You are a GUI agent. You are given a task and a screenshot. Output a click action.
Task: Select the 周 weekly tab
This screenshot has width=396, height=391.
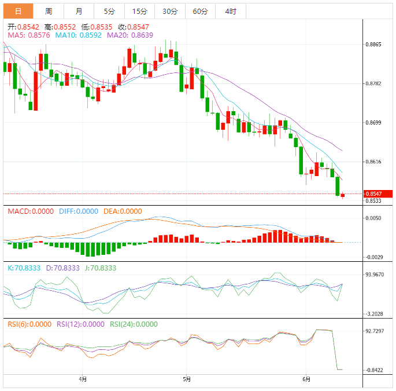[49, 11]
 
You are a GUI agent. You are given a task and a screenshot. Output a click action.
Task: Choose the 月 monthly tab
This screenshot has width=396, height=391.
[79, 11]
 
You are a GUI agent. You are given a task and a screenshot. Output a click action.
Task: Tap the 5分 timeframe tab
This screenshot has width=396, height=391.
[109, 11]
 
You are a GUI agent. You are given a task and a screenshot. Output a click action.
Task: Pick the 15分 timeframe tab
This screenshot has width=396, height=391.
[139, 11]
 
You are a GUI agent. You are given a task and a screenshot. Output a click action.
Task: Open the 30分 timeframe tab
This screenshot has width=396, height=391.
[170, 11]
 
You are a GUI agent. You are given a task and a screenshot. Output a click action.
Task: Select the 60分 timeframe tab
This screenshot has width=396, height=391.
[200, 11]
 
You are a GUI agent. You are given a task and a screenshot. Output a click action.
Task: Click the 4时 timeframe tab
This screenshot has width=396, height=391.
[230, 11]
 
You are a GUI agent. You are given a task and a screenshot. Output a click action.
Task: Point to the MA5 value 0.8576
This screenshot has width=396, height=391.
[28, 35]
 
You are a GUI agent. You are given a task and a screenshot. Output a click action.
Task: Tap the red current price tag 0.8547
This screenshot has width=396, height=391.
[377, 193]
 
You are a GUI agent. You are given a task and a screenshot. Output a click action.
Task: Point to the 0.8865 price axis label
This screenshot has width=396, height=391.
[373, 45]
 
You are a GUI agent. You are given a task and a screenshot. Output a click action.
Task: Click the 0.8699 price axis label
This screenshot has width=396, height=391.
[373, 123]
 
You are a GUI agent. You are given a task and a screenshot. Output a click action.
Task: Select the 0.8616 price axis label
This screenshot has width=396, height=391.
[373, 162]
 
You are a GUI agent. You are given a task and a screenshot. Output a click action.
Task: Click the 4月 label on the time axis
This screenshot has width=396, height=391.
[83, 379]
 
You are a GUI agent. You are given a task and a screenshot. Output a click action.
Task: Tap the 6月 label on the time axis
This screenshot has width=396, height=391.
[306, 379]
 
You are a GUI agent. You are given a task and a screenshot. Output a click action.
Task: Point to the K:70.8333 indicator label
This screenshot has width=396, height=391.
[24, 268]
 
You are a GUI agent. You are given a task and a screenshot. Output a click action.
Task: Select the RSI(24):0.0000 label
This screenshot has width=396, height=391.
[134, 324]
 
